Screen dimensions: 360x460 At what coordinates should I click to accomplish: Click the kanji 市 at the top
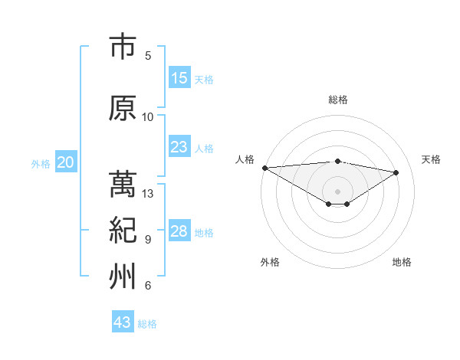tap(123, 47)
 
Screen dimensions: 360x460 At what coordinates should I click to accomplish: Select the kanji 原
tap(123, 109)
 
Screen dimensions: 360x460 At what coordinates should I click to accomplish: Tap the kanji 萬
tap(123, 185)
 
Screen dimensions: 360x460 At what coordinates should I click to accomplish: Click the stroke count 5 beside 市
tap(148, 55)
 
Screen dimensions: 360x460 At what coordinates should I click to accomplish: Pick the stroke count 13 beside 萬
tap(148, 194)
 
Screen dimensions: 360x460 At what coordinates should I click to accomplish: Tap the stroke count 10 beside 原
tap(148, 116)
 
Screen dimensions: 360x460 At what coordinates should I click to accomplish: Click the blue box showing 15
tap(179, 78)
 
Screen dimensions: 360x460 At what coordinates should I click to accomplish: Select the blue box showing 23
tap(179, 147)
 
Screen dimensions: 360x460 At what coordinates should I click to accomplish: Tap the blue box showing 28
tap(179, 231)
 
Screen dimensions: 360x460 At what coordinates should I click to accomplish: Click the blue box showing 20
tap(66, 162)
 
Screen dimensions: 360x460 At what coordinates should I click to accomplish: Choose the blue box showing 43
tap(122, 322)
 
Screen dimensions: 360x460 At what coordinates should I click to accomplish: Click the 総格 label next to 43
tap(147, 324)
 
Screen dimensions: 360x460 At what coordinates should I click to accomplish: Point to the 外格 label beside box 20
tap(41, 164)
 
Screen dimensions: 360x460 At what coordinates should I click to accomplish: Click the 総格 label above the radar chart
tap(337, 100)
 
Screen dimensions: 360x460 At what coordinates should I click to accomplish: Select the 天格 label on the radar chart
tap(431, 159)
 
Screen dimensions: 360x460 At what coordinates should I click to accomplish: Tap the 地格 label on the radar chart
tap(402, 262)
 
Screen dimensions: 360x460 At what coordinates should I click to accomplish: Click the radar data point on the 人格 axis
tap(264, 168)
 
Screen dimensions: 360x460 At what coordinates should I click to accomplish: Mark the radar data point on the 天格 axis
tap(396, 172)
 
